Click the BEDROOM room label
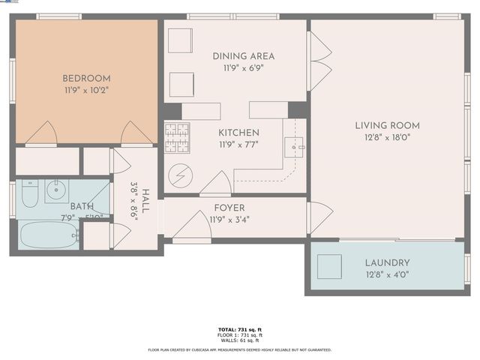click(x=86, y=78)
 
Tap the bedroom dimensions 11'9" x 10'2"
click(x=86, y=90)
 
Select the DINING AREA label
click(x=243, y=56)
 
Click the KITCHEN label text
click(x=239, y=133)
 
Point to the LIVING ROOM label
click(x=387, y=125)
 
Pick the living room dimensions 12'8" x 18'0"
click(x=387, y=137)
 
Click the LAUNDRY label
click(x=387, y=262)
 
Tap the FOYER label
click(x=229, y=208)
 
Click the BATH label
click(x=82, y=206)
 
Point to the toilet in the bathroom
click(x=29, y=196)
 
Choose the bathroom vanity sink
click(x=56, y=190)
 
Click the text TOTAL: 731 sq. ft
click(x=239, y=328)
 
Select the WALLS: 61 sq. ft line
click(x=239, y=340)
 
